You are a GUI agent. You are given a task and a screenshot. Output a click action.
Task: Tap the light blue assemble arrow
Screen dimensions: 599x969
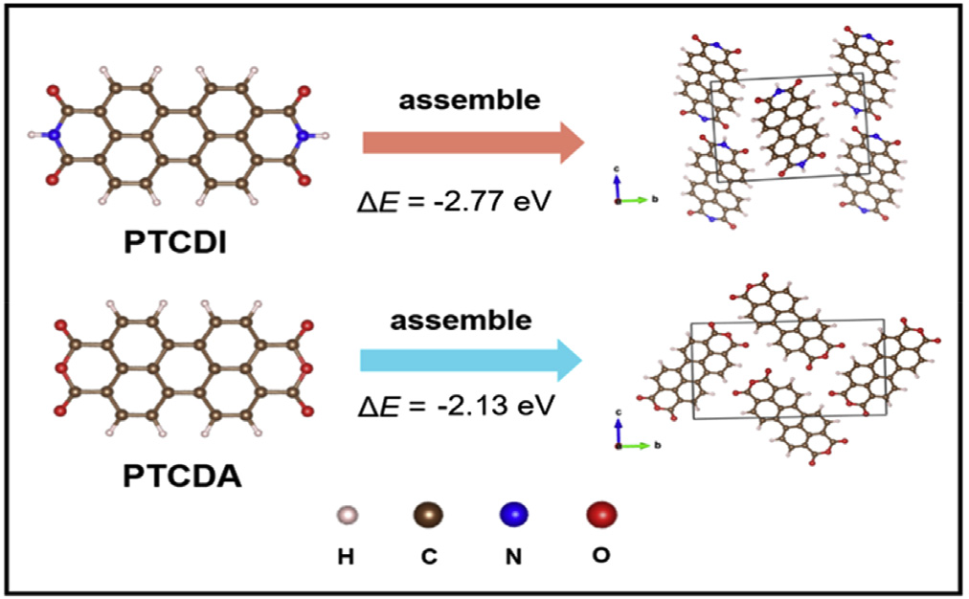pos(470,361)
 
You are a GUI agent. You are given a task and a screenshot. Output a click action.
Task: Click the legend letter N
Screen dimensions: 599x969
pos(514,556)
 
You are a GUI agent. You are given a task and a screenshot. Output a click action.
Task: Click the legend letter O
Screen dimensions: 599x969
pos(600,554)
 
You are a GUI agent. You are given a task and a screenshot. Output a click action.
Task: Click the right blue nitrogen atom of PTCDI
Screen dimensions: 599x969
pos(303,136)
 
